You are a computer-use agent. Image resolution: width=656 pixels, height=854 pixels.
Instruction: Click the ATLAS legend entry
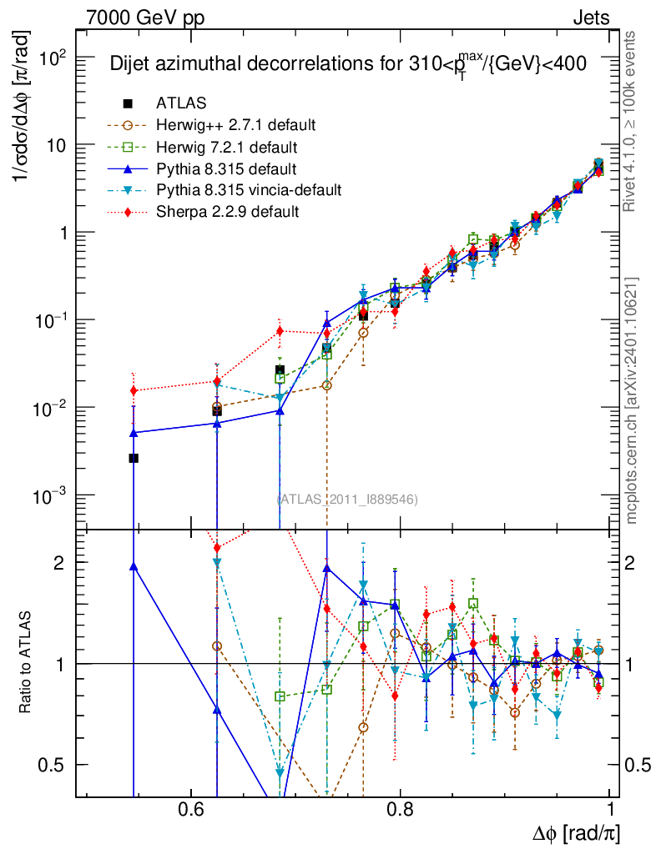pos(181,103)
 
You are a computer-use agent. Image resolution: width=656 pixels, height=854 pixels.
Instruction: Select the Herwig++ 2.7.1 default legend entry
pos(235,125)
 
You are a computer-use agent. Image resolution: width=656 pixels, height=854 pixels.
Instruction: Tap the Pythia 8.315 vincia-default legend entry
pos(249,190)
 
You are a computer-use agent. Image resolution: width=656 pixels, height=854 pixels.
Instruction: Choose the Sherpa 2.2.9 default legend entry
pos(227,212)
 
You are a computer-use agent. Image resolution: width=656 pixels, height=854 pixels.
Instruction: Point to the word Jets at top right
pos(590,18)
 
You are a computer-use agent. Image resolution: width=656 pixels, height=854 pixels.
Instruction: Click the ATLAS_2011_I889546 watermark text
pos(347,500)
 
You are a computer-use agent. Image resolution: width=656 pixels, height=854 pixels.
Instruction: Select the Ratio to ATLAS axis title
pos(28,663)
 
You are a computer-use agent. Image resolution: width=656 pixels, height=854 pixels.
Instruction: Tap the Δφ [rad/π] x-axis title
pos(577,832)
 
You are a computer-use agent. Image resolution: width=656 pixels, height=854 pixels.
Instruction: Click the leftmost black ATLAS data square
pos(133,458)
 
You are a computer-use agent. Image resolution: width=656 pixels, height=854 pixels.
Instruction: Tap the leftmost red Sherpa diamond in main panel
pos(133,390)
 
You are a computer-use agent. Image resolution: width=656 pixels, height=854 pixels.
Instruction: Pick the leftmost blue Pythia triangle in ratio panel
pos(133,566)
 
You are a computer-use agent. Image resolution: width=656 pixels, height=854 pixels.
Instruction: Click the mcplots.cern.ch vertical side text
pos(632,400)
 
